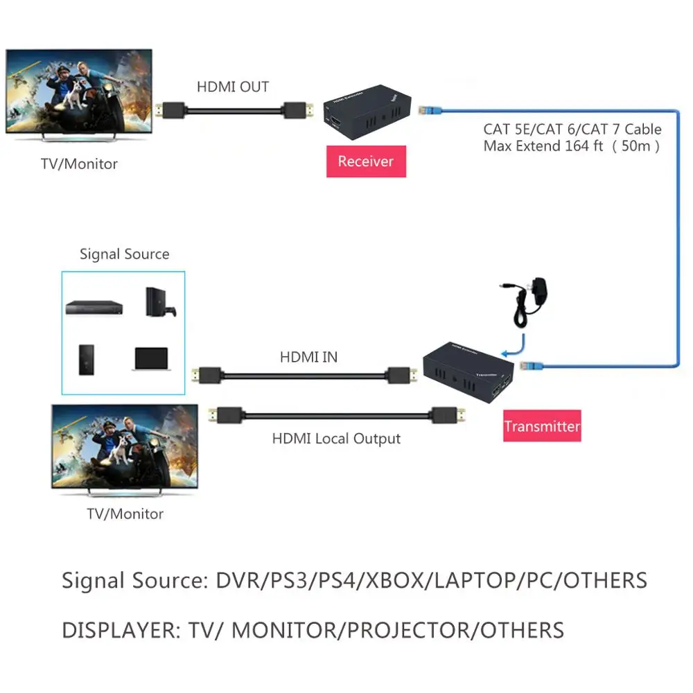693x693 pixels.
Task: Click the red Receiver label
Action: coord(366,161)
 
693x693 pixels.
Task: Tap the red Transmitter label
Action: coord(542,426)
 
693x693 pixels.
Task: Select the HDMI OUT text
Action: coord(233,87)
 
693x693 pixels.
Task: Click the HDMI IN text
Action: coord(309,358)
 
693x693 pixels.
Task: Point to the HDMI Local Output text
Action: coord(336,439)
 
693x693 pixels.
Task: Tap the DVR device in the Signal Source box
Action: coord(94,307)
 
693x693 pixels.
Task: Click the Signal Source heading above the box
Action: coord(124,254)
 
